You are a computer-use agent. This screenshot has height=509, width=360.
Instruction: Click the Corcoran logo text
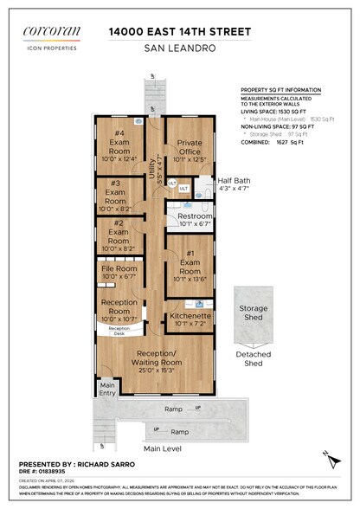[x=54, y=32]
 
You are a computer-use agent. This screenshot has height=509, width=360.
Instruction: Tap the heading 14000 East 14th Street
[x=180, y=31]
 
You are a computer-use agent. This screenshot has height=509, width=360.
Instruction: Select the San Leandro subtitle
[x=180, y=48]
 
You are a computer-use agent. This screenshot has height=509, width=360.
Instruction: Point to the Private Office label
[x=190, y=148]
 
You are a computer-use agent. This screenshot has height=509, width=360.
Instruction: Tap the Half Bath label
[x=233, y=180]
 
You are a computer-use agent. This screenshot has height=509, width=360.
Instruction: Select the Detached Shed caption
[x=253, y=358]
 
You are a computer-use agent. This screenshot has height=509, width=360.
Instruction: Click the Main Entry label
[x=106, y=389]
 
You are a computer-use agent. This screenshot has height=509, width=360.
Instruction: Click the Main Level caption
[x=163, y=448]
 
